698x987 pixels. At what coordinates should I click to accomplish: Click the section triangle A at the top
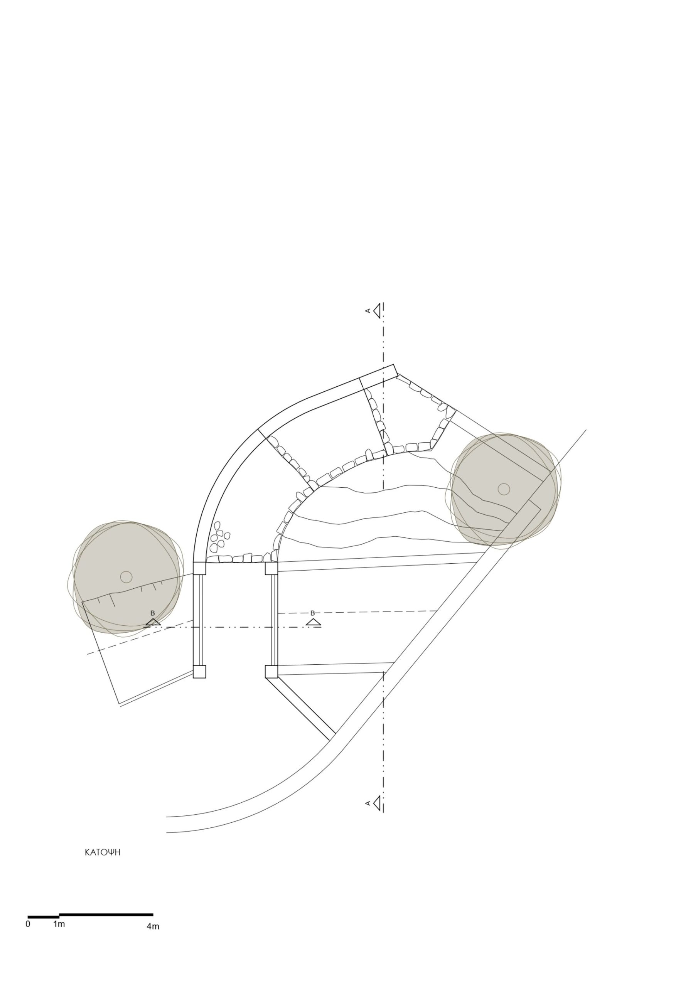coord(377,311)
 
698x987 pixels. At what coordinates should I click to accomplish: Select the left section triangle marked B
coord(153,622)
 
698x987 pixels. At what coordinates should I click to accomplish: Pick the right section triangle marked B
coord(314,622)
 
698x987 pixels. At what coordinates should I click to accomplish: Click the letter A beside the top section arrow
coord(368,311)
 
